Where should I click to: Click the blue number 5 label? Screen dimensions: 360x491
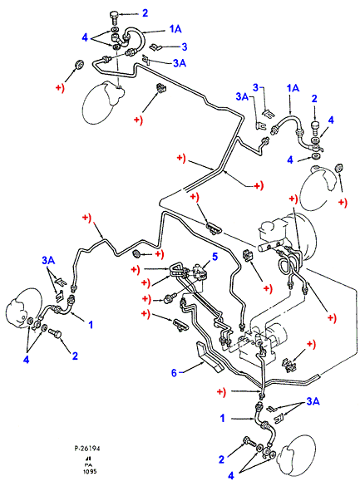click(x=215, y=257)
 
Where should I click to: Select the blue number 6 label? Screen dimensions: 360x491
click(x=174, y=373)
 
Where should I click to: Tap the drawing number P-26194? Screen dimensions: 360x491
click(x=87, y=449)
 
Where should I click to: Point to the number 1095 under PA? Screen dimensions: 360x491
click(x=90, y=471)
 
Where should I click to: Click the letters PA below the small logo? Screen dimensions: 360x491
click(x=88, y=464)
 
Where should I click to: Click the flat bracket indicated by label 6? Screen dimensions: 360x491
click(x=210, y=357)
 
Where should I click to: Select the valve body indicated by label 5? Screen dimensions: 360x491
click(x=199, y=270)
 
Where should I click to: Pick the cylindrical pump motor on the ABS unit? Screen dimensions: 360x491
click(x=277, y=336)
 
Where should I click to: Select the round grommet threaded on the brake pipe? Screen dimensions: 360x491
click(x=136, y=254)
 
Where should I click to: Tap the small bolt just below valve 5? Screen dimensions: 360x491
click(x=166, y=298)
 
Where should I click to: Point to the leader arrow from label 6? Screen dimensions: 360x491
click(x=193, y=367)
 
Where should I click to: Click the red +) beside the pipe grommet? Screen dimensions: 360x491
click(x=160, y=254)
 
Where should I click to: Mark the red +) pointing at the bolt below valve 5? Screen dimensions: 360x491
click(x=146, y=299)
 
